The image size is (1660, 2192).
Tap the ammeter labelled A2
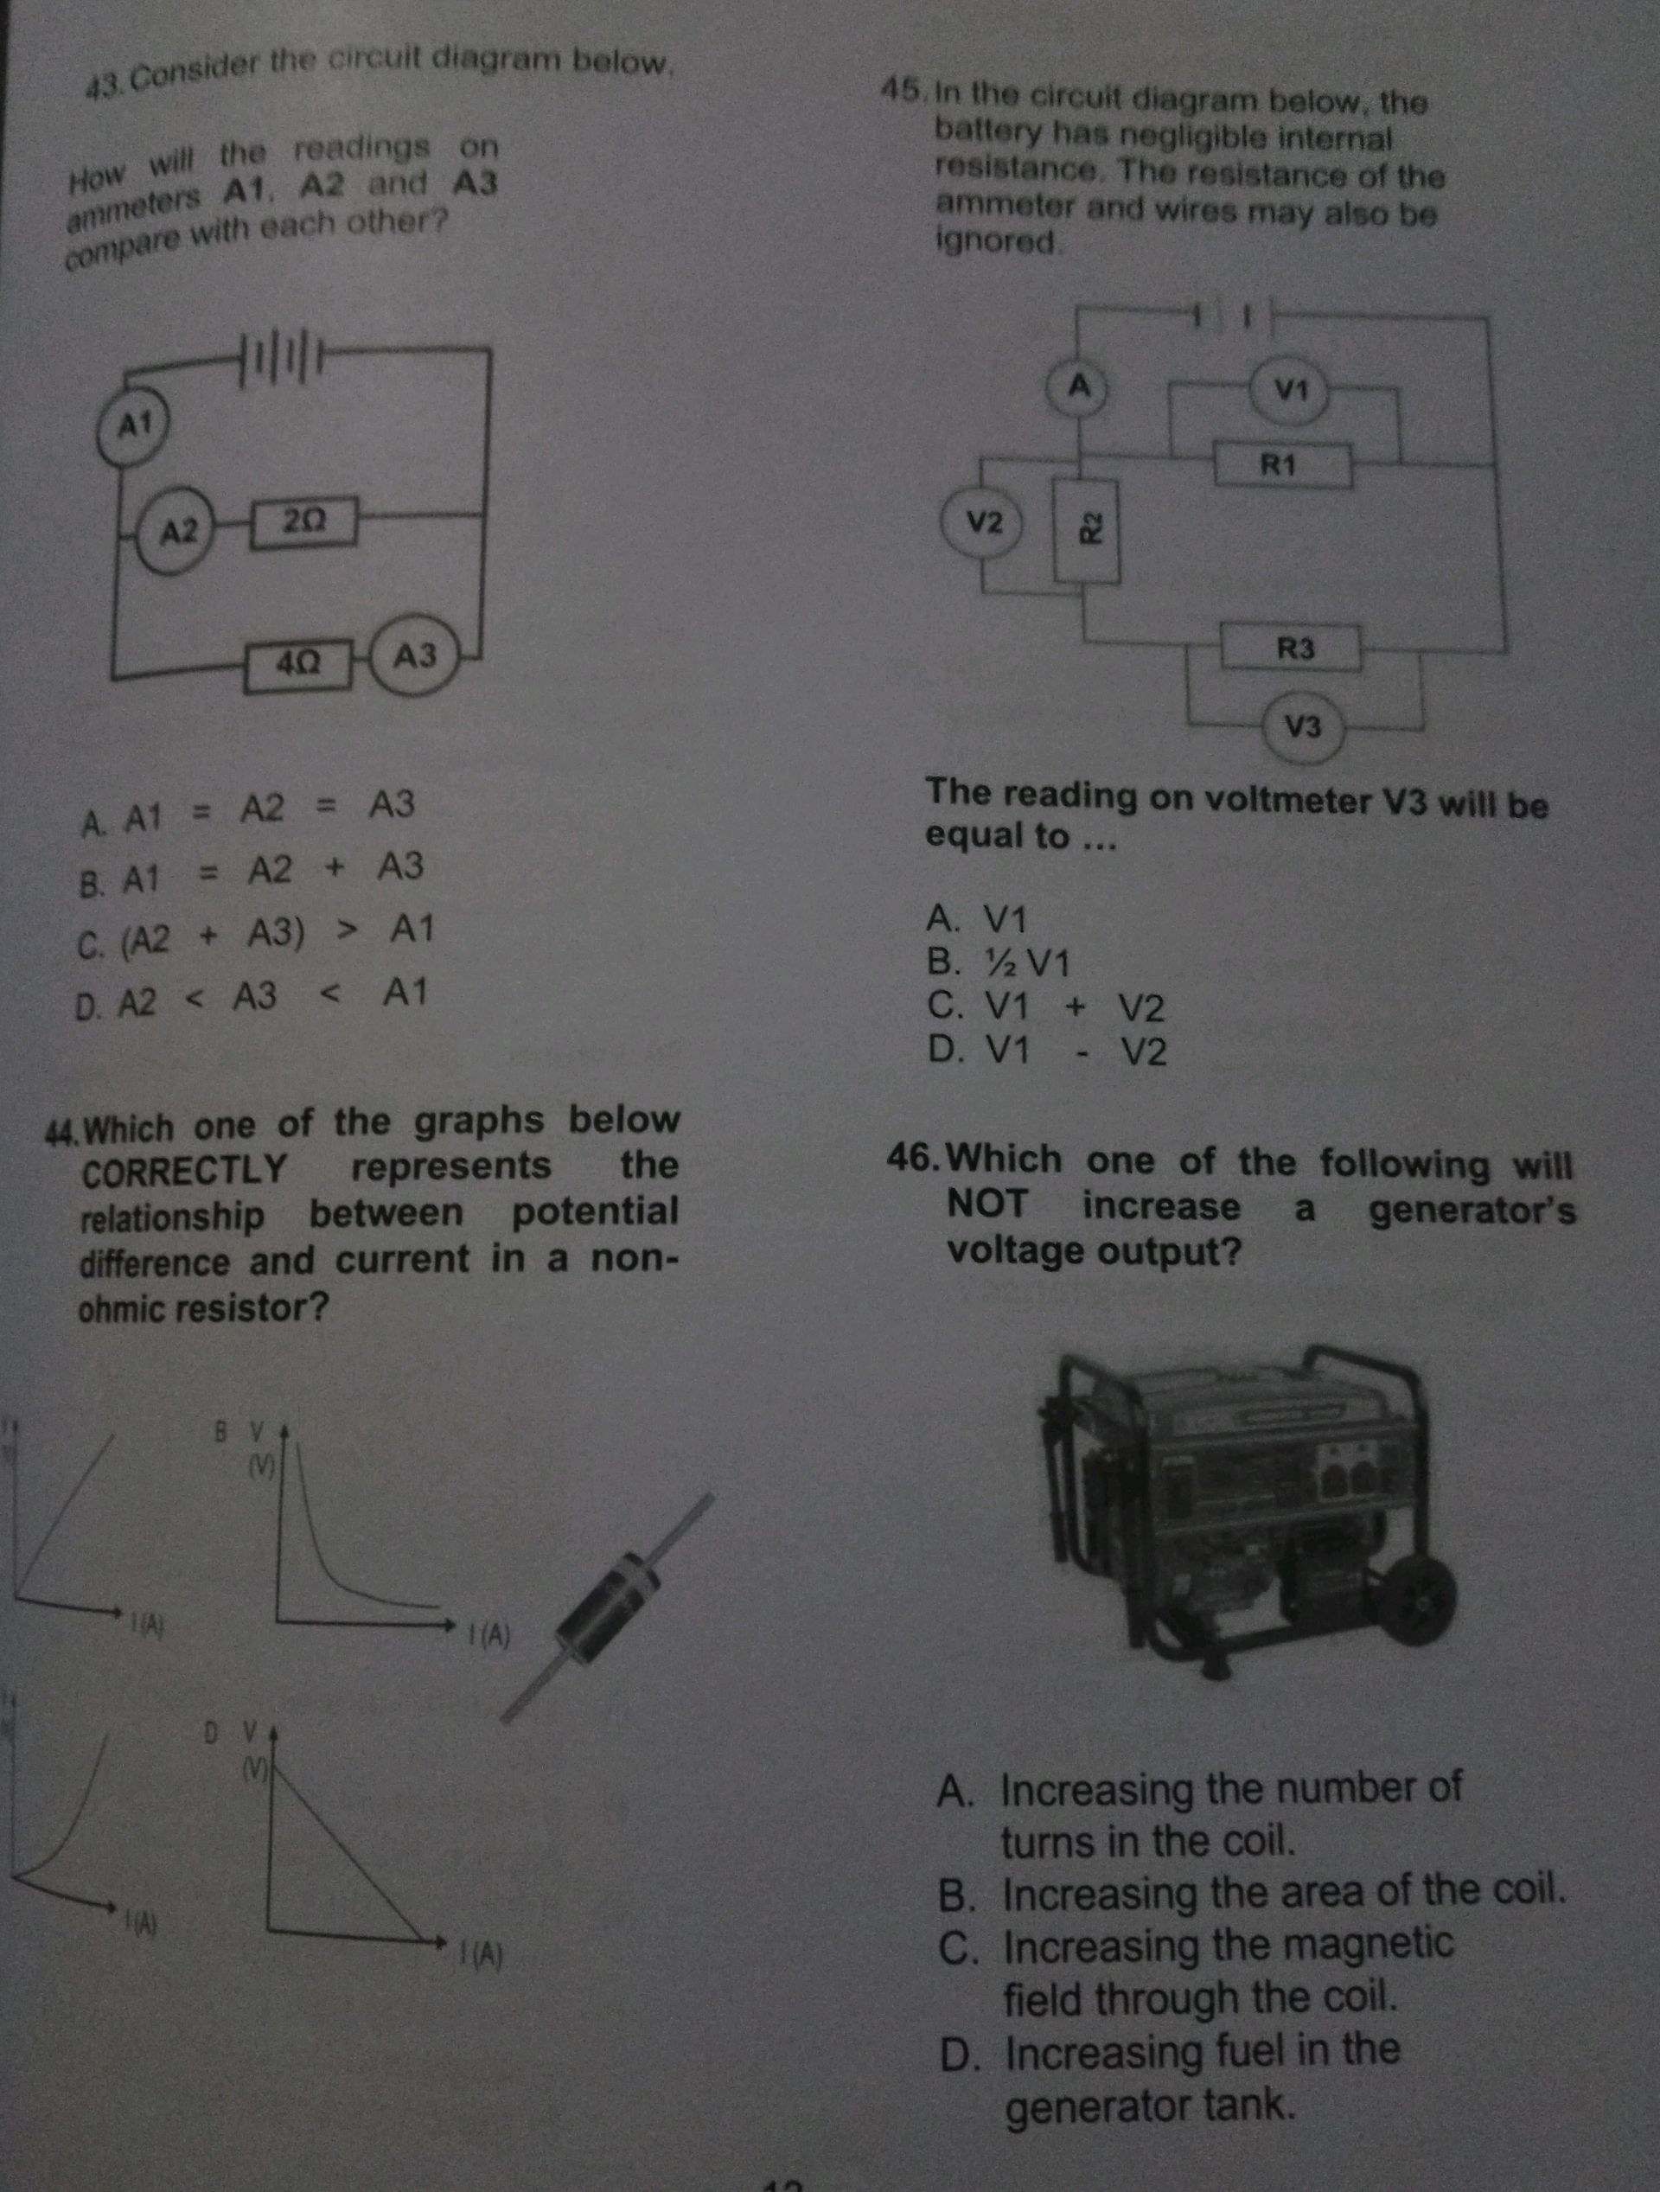click(178, 532)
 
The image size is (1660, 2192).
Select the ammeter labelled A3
click(414, 655)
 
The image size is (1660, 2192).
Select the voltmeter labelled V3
click(1303, 727)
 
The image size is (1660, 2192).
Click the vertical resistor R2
click(1087, 530)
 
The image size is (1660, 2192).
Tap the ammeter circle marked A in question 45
click(1080, 387)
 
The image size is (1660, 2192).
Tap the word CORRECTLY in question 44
click(184, 1170)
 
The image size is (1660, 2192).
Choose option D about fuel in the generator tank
click(1170, 2076)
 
